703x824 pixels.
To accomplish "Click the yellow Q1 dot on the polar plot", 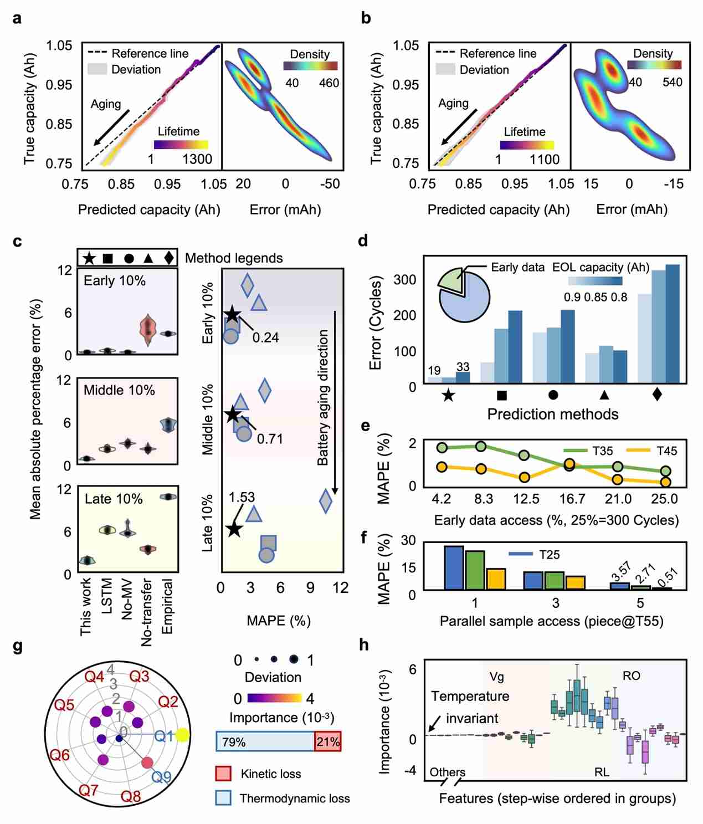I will (x=182, y=735).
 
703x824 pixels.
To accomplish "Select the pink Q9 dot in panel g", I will (x=147, y=763).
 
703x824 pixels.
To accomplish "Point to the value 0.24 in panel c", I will (x=265, y=337).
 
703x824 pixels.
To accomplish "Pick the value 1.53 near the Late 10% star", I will (x=242, y=497).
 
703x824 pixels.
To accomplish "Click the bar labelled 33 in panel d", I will (x=463, y=377).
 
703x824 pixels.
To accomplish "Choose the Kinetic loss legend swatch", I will (x=223, y=774).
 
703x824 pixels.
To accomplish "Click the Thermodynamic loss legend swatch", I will (x=223, y=798).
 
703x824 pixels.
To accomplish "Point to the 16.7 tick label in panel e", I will (x=572, y=499).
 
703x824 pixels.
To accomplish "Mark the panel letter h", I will (x=364, y=645).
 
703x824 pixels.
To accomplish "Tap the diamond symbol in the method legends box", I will (x=169, y=258).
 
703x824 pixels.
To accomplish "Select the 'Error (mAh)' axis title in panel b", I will (x=632, y=209).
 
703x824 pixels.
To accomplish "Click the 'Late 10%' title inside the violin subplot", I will (x=114, y=499).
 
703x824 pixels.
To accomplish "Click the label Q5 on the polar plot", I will (x=64, y=705).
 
